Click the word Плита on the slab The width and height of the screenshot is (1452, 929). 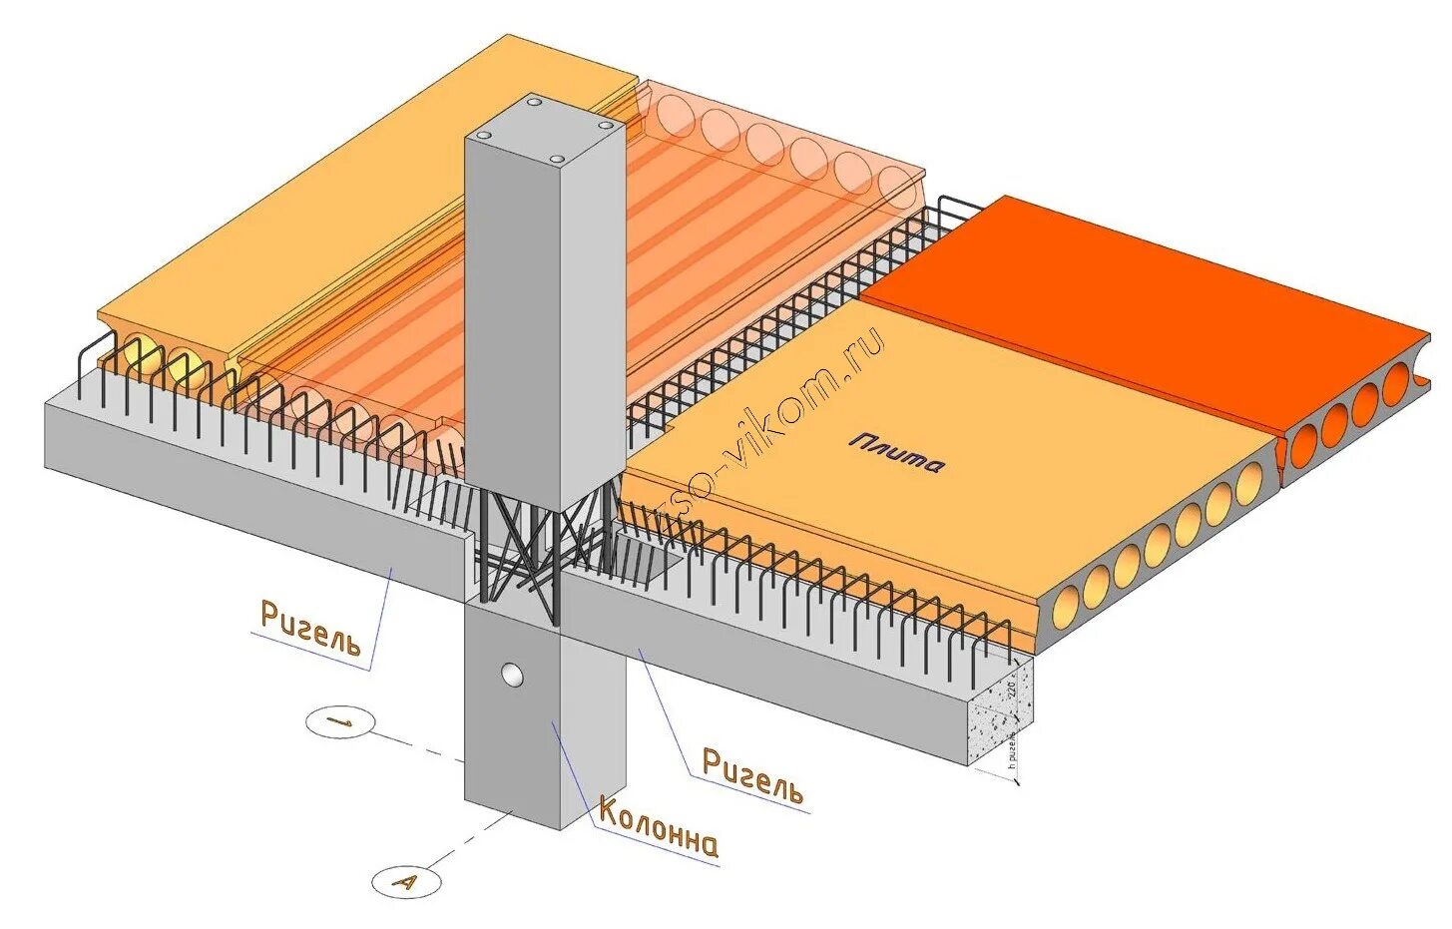(896, 454)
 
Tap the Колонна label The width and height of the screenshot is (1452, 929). (658, 827)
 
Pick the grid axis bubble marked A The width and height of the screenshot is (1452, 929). (405, 881)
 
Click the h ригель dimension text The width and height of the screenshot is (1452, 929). (1012, 748)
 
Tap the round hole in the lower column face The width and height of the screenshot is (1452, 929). (512, 675)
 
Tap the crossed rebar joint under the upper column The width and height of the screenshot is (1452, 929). (519, 549)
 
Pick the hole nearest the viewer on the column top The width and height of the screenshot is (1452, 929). (555, 159)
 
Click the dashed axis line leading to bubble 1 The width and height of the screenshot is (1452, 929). (419, 746)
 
